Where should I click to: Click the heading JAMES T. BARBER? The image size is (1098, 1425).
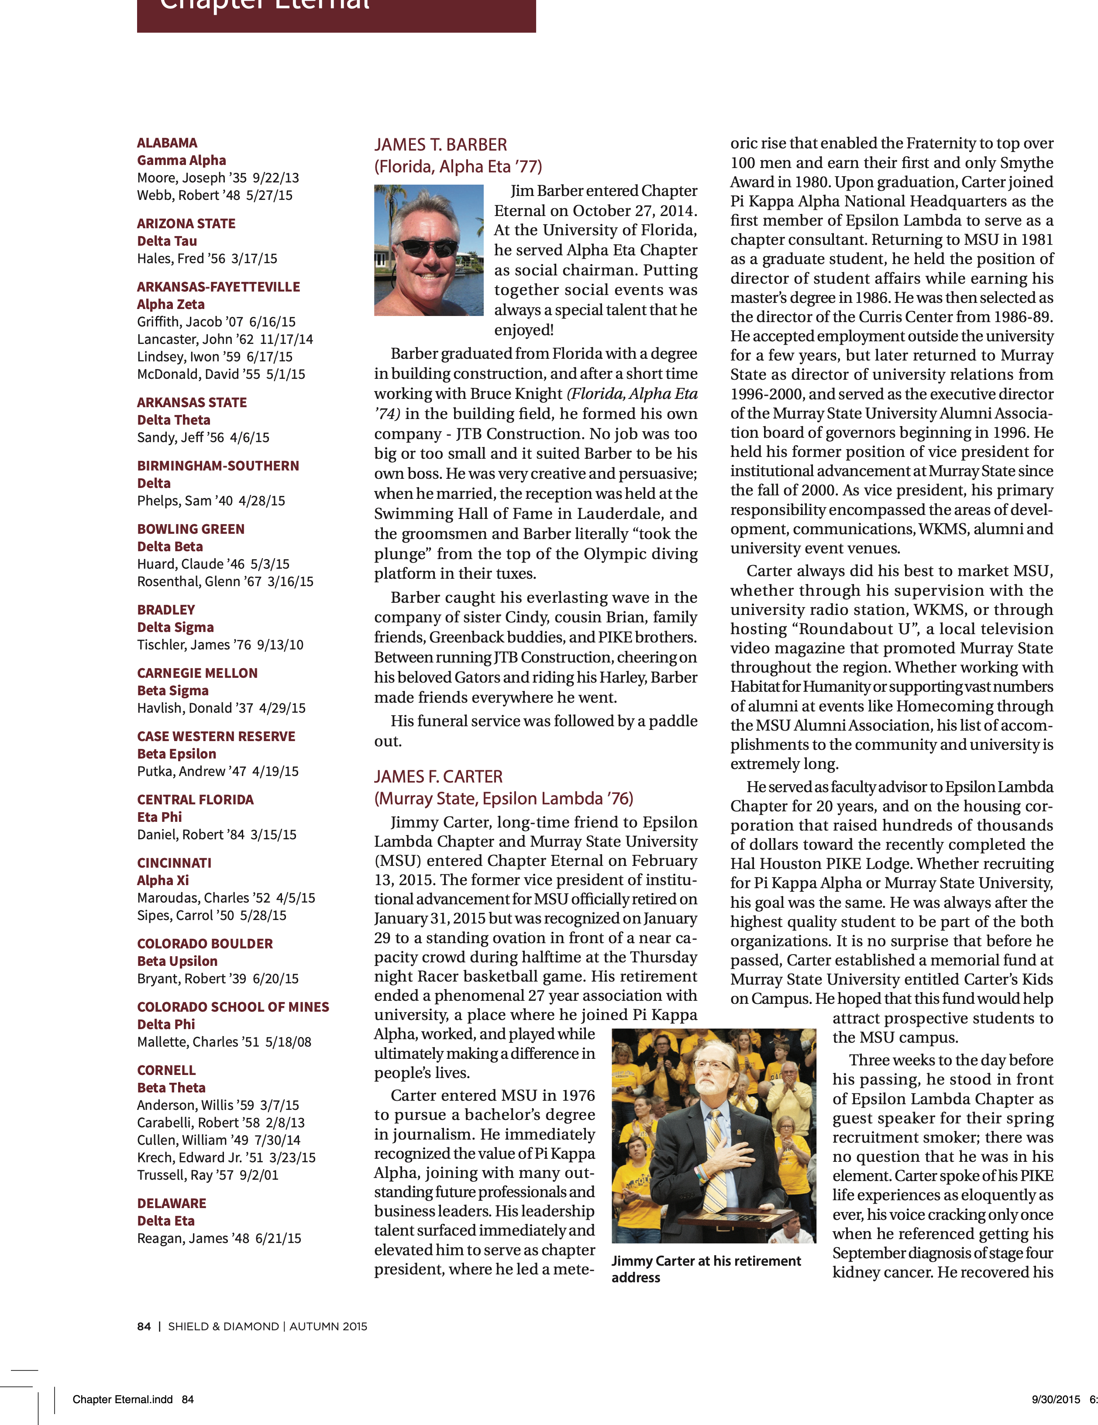440,145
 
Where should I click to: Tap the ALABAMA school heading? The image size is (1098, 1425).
167,143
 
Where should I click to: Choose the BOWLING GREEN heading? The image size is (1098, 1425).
191,529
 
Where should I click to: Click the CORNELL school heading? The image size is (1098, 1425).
166,1070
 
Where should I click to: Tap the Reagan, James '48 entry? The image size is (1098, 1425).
219,1238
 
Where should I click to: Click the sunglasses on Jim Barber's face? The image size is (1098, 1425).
427,248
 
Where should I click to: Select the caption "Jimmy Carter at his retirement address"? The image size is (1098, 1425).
705,1269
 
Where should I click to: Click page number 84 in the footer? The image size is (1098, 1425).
144,1326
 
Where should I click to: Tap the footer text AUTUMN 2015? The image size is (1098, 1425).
328,1326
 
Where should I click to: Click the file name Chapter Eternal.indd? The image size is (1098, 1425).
123,1400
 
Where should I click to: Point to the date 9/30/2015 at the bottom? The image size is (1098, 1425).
1056,1400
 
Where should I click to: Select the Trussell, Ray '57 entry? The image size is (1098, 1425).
207,1175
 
